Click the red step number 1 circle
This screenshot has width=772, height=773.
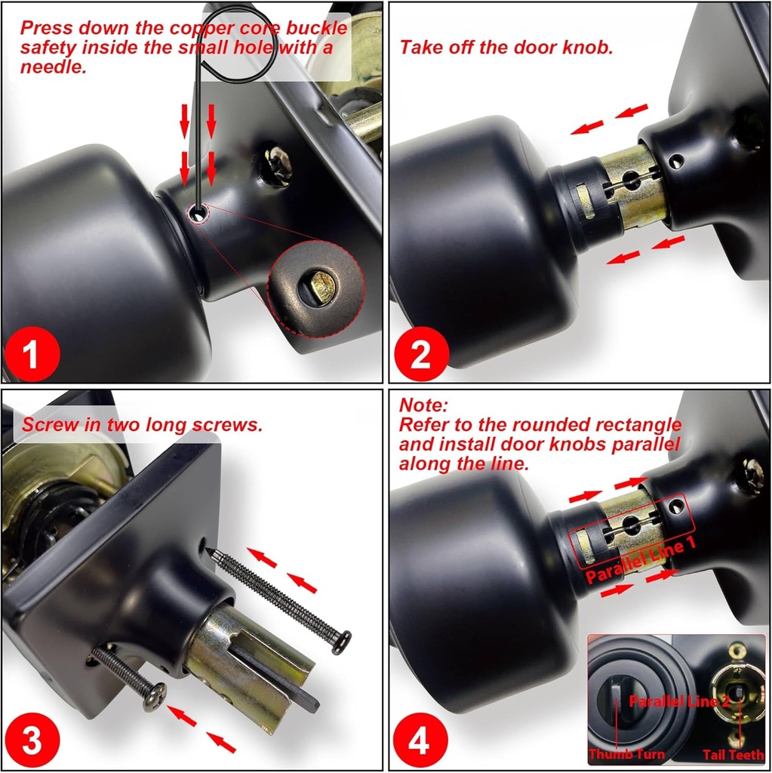[x=31, y=354]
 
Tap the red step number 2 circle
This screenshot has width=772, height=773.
[x=420, y=354]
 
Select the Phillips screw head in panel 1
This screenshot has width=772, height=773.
[x=278, y=164]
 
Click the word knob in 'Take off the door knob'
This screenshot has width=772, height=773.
[x=586, y=48]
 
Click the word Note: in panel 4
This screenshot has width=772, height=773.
[x=424, y=405]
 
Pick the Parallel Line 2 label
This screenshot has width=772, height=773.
[x=680, y=701]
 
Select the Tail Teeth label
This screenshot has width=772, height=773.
[x=732, y=754]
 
